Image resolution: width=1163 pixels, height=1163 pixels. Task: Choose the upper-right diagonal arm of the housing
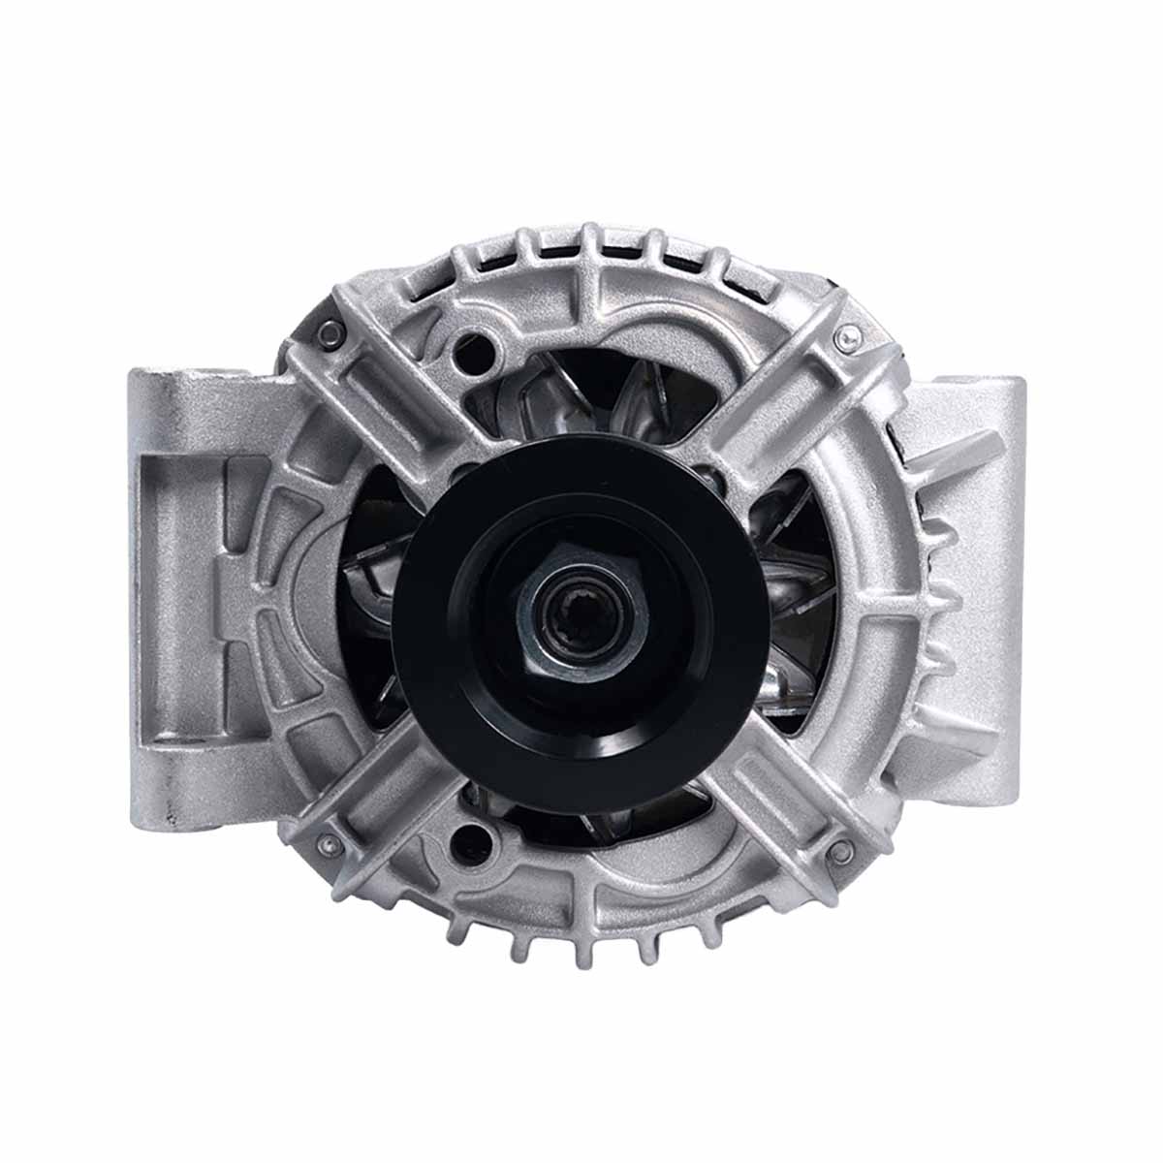tap(775, 407)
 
